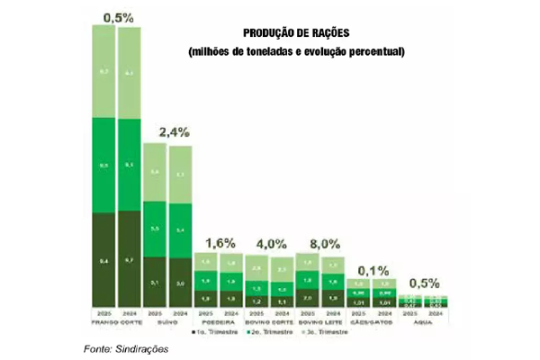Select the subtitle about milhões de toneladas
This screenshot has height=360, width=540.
coord(297,51)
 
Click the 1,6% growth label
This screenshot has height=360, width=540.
coord(220,243)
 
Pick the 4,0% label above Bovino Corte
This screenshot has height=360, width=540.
coord(271,243)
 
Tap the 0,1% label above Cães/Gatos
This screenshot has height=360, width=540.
coord(373,269)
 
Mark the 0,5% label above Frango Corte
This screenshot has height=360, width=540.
coord(118,17)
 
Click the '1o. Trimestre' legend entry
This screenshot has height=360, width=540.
coord(214,333)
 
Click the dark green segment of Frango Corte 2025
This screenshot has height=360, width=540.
coord(104,262)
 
